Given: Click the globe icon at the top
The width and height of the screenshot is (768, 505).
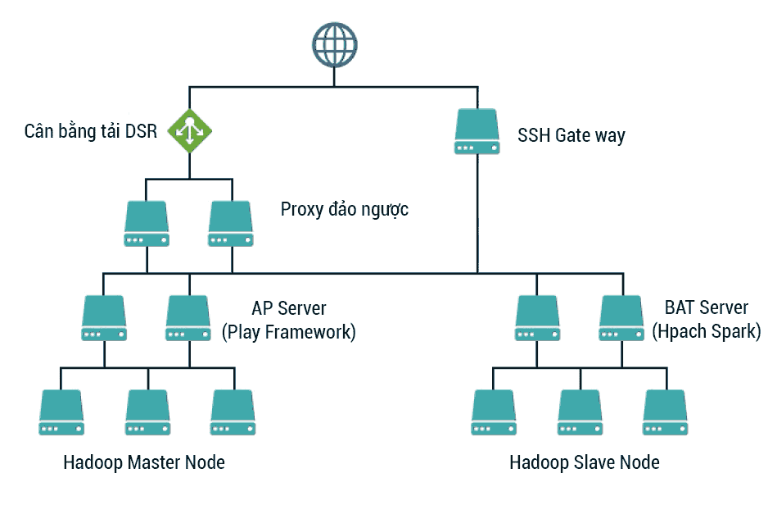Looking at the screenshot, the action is pos(335,44).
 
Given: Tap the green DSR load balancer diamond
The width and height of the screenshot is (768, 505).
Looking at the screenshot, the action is pos(190,131).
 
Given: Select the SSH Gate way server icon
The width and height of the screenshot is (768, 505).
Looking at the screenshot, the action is pos(477,131).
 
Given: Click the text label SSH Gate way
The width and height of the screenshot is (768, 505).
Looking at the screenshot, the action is pos(571,135).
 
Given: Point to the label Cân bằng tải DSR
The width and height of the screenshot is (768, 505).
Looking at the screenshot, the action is pos(91,131).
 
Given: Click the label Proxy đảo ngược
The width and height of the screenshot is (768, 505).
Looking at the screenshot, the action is pos(345,209).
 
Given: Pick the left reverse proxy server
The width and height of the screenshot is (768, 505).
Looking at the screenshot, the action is pos(147,223).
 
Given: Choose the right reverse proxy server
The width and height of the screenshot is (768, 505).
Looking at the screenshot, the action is pos(231,223).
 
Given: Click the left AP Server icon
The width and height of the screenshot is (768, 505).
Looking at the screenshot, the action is pos(104,318).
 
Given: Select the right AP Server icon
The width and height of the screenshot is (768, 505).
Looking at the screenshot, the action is pos(188,318).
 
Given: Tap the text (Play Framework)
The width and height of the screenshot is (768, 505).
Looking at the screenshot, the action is pos(288,332).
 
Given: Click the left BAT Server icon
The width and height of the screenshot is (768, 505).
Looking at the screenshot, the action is pos(537,318).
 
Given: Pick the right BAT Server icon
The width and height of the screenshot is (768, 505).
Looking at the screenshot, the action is pos(621,318).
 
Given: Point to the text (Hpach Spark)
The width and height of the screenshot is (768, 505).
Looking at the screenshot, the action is pos(707,331).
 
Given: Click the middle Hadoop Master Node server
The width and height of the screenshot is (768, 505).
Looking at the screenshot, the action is pos(148,412).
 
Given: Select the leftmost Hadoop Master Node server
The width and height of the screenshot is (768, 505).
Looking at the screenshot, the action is pos(61,412).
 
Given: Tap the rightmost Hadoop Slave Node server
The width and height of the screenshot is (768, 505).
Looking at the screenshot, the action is pos(665,412).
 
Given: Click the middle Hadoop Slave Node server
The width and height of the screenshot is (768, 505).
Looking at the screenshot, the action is pos(580,412).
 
